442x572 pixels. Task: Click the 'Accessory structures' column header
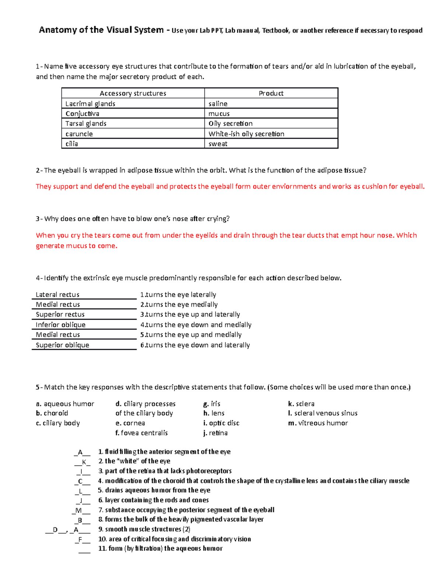(133, 94)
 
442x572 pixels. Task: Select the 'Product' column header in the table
(271, 94)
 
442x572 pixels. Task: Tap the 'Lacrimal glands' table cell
(90, 104)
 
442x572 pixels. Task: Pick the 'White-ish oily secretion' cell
(246, 134)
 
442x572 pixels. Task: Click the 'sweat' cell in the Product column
(218, 144)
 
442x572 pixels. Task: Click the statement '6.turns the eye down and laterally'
(195, 345)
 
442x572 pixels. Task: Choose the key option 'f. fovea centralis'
(141, 433)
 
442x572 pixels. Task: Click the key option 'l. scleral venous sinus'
(323, 413)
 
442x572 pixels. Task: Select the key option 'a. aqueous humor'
(65, 404)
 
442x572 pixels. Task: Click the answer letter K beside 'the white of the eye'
(84, 462)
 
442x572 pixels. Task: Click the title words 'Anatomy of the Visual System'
(101, 30)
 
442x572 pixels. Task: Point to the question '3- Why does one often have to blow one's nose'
(133, 219)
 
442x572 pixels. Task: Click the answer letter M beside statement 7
(78, 510)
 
